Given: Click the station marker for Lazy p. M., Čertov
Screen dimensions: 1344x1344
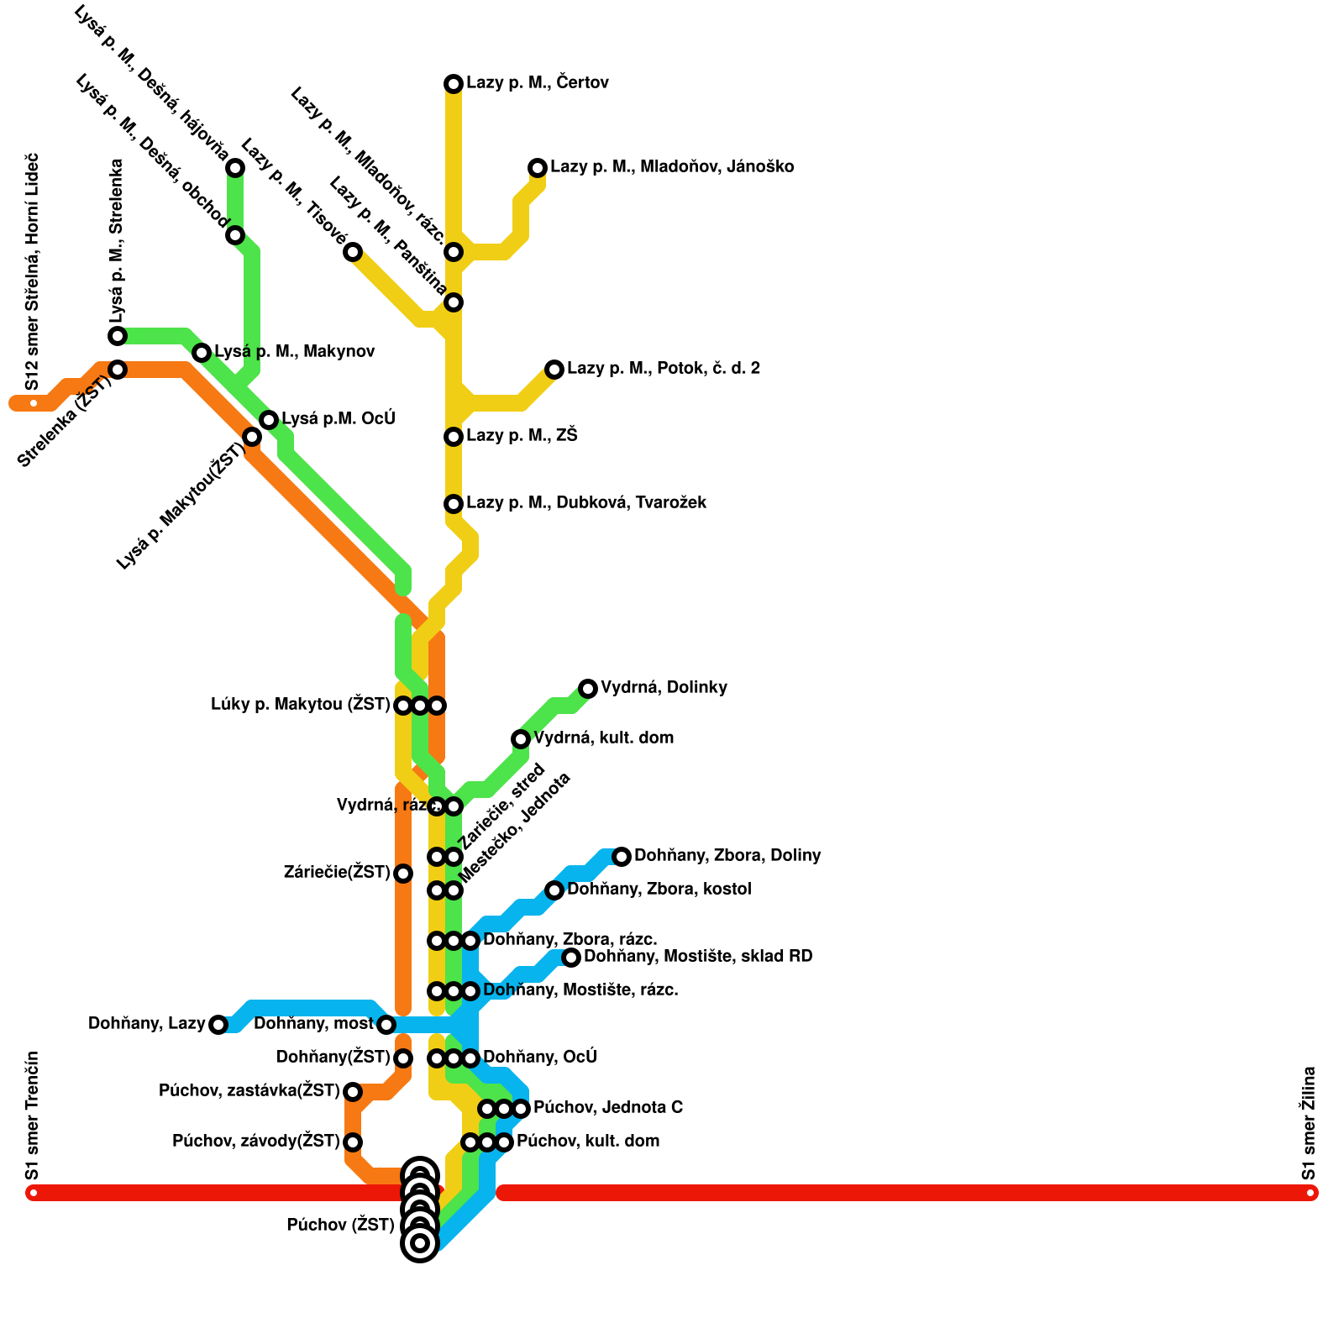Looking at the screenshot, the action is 454,83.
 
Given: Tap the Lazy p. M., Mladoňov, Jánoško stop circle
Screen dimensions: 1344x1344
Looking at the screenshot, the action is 538,168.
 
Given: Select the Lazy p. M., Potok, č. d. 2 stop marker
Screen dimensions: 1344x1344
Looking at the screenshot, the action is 554,369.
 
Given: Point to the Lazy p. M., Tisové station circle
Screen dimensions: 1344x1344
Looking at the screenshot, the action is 354,252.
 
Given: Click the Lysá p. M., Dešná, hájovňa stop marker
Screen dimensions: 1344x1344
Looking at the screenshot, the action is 236,168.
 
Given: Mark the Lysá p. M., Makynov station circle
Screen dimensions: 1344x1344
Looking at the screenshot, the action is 202,352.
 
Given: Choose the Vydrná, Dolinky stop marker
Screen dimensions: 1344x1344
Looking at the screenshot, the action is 588,689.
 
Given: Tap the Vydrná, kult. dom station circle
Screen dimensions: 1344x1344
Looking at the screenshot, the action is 521,739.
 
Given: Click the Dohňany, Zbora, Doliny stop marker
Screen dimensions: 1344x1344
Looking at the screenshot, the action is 622,857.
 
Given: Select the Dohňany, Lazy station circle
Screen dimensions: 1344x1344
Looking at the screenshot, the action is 218,1025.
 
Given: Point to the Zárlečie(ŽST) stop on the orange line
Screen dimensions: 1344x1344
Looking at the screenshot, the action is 403,874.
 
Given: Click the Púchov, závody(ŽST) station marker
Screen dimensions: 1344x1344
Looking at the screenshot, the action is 354,1142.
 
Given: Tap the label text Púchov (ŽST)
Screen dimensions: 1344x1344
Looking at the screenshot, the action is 340,1225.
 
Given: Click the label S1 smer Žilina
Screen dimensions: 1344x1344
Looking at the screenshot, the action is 1309,1123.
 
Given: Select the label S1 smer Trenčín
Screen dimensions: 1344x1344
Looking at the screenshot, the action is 32,1116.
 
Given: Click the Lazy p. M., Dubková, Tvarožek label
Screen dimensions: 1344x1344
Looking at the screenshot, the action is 586,502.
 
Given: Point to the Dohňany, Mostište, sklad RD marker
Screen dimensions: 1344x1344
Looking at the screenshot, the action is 571,958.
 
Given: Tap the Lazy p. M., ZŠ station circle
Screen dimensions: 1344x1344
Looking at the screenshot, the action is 454,436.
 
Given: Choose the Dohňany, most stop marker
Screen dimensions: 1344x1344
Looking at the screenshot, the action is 386,1025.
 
